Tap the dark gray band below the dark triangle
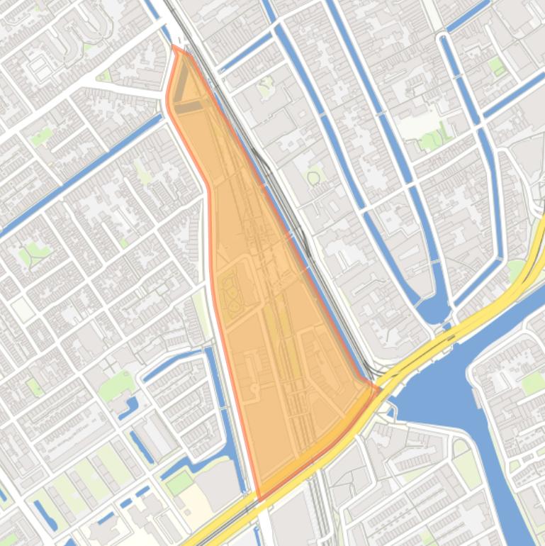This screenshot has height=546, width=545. point(188,107)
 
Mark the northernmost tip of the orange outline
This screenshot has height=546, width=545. point(174,46)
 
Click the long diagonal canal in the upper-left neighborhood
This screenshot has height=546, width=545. point(78,177)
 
